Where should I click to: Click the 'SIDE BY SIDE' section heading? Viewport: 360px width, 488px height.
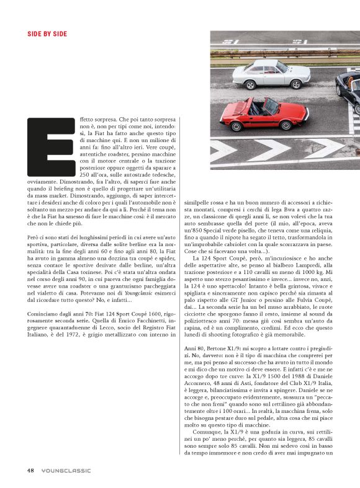pyautogui.click(x=47, y=33)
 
